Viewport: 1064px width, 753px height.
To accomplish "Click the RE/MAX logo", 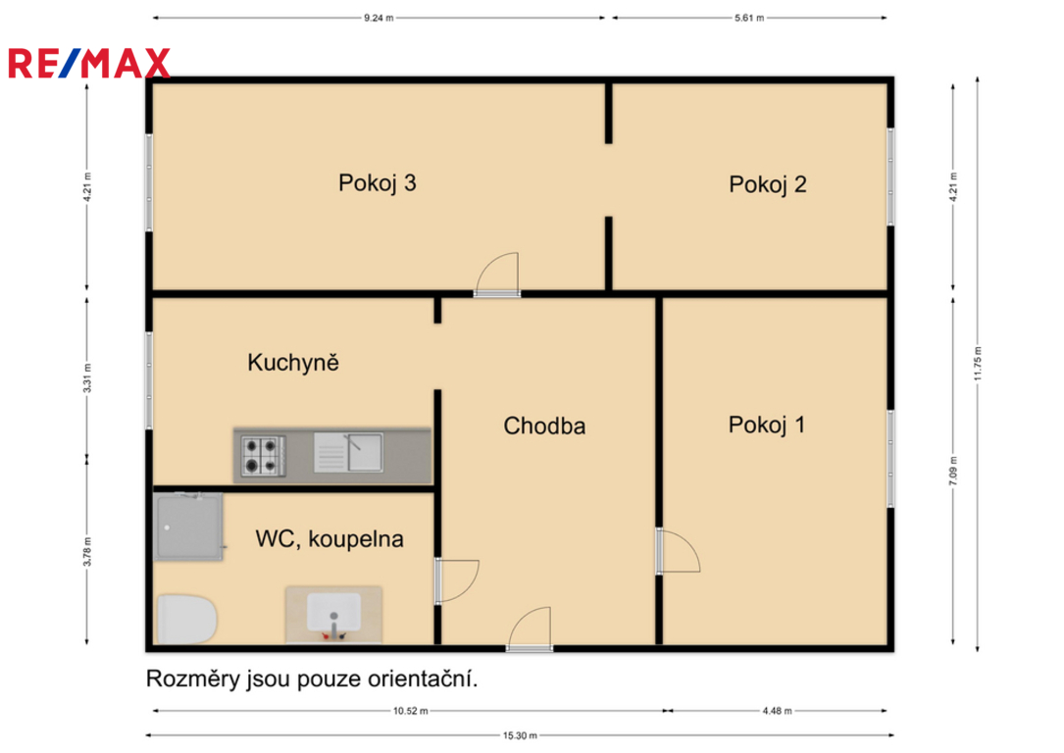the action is [x=89, y=63].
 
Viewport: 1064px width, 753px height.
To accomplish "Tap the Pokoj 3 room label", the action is [x=378, y=183].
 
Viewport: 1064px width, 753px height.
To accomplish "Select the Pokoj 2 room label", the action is [x=768, y=184].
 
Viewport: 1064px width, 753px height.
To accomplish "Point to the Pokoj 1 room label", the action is [x=767, y=426].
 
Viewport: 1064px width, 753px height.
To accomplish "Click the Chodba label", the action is [x=544, y=427].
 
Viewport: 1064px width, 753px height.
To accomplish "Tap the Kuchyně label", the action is [x=293, y=362].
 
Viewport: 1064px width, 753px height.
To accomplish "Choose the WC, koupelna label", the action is [x=329, y=538].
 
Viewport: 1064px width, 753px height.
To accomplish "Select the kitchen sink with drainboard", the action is [x=348, y=452].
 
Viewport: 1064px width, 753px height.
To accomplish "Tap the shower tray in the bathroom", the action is [x=188, y=527].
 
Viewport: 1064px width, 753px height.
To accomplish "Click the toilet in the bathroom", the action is [x=186, y=620].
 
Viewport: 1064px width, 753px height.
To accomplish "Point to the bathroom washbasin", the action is [x=333, y=615].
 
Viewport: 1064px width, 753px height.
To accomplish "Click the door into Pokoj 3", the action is [x=497, y=275].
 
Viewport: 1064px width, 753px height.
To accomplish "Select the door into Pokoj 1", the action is [x=678, y=551].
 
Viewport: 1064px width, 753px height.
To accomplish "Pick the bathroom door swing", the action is [x=457, y=581].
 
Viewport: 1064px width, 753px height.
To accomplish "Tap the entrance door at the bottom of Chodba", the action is [x=530, y=629].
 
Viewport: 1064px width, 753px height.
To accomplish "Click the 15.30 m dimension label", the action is [x=520, y=735].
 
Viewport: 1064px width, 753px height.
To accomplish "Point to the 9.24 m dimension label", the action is [x=379, y=19].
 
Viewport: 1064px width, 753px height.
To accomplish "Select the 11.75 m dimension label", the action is [x=978, y=364].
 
